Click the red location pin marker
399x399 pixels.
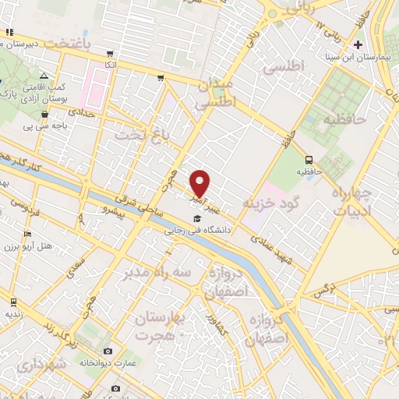(200, 183)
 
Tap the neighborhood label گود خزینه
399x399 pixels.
(272, 203)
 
